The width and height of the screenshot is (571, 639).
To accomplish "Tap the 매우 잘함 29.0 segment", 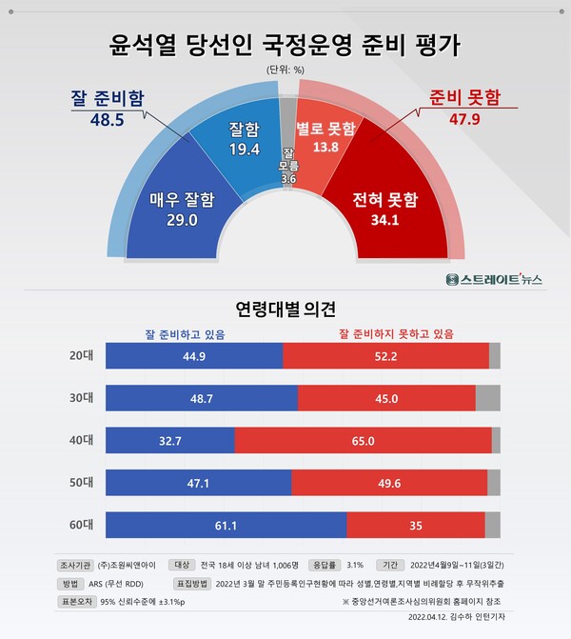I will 181,210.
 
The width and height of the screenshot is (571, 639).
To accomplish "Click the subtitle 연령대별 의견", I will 285,310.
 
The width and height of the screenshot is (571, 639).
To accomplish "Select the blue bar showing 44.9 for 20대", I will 193,355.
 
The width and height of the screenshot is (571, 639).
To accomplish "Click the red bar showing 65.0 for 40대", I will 363,440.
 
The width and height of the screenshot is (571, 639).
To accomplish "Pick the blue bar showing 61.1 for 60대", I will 226,525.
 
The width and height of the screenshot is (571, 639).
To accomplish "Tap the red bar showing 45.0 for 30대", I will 386,398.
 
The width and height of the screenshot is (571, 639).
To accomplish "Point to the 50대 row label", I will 78,483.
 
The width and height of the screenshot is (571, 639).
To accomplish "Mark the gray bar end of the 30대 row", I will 487,398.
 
